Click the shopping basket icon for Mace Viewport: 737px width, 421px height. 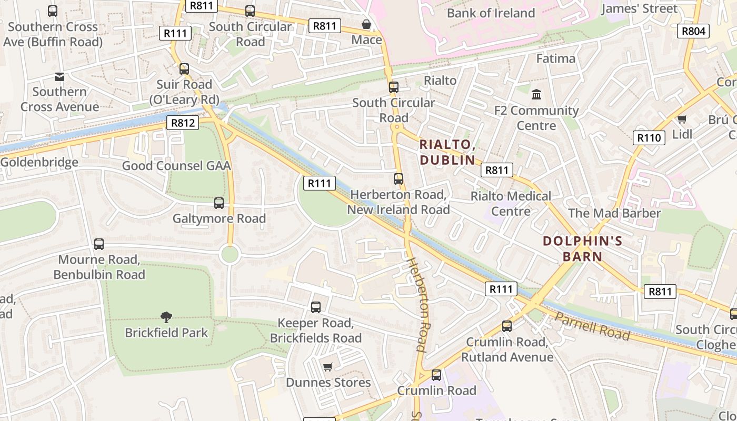[x=366, y=25]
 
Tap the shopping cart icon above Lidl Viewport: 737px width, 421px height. [x=682, y=119]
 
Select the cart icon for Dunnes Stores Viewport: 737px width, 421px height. [x=328, y=367]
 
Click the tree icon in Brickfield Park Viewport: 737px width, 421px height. [x=166, y=317]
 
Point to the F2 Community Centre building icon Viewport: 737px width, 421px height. [x=536, y=95]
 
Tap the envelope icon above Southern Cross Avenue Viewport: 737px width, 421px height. [x=59, y=77]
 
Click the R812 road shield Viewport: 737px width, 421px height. [x=183, y=123]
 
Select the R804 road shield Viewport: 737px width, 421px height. [x=693, y=31]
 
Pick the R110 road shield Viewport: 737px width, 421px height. [x=649, y=138]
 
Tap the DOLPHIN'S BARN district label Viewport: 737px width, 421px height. [x=582, y=249]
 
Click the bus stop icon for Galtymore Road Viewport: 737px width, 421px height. [x=219, y=203]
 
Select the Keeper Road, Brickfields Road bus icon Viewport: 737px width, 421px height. [x=316, y=307]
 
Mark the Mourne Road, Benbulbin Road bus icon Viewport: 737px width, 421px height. [x=99, y=244]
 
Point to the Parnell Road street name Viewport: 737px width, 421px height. [x=592, y=326]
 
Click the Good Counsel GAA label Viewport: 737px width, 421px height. [x=176, y=166]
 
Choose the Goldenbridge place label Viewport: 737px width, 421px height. [x=39, y=162]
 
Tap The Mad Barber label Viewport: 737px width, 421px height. [x=614, y=213]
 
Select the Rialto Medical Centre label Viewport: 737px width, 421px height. [x=511, y=204]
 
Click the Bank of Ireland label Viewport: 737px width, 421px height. [x=491, y=13]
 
